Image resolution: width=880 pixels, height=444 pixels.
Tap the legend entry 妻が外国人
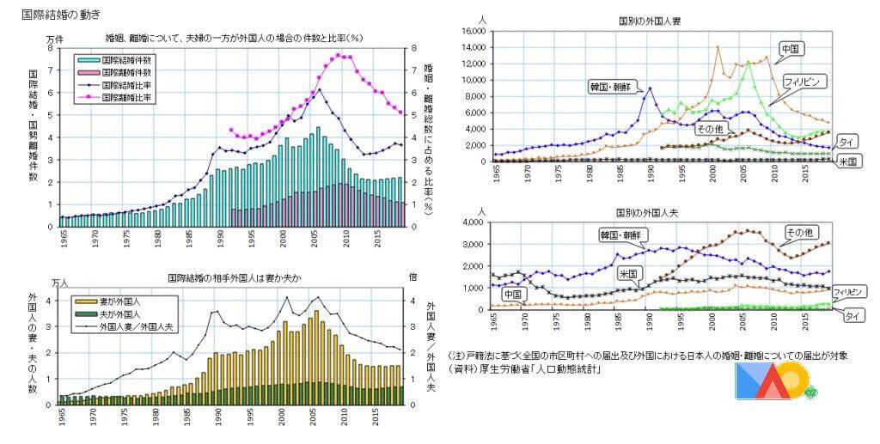(x=119, y=302)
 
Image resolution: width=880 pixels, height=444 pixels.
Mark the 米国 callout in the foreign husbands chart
(x=629, y=273)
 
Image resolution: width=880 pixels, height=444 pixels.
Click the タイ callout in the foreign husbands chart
(x=854, y=316)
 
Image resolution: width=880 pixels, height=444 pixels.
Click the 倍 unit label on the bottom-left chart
(x=412, y=277)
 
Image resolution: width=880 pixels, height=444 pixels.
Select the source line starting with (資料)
(x=525, y=370)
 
